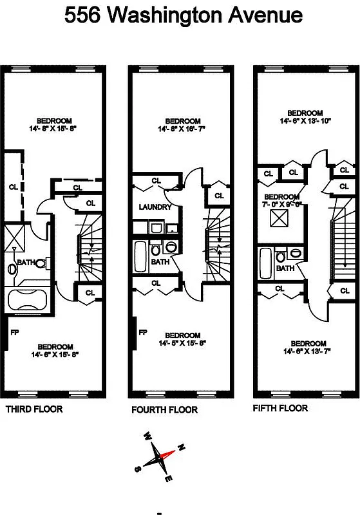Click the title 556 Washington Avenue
tap(184, 15)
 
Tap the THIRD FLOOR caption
tap(34, 409)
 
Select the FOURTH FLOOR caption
tap(164, 409)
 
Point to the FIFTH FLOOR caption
tap(280, 408)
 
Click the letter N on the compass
tap(182, 447)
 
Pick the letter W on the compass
tap(147, 435)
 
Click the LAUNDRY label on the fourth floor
tap(155, 207)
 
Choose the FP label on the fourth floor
tap(143, 332)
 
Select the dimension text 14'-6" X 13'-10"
tap(305, 120)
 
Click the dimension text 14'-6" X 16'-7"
tap(182, 129)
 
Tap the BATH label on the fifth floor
tap(285, 268)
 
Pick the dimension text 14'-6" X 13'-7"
tap(308, 351)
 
